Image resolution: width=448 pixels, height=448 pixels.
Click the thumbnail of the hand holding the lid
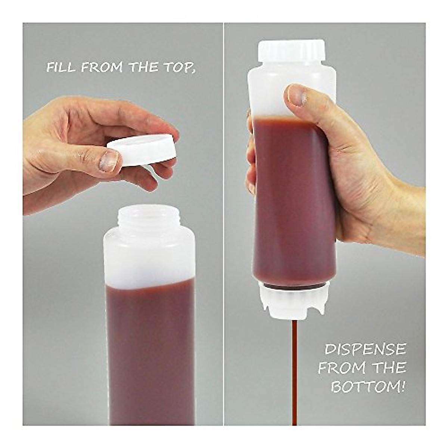tap(109, 161)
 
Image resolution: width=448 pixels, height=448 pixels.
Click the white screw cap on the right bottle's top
tap(292, 50)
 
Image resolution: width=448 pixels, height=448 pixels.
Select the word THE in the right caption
tap(392, 368)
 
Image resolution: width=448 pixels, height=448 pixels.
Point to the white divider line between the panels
tap(224, 224)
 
